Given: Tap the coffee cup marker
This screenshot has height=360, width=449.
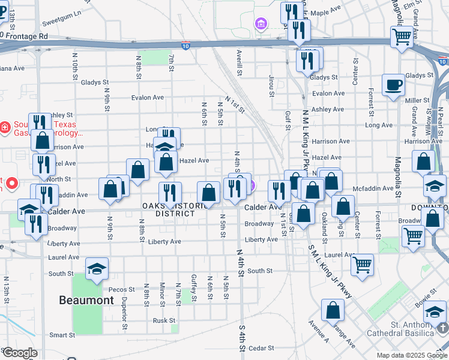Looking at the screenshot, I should [x=393, y=85].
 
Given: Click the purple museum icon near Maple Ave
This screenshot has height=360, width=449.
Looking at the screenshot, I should [x=261, y=25].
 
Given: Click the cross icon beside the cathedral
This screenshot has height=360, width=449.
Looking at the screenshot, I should [x=443, y=328].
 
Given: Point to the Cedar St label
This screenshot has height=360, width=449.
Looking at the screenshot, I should [x=261, y=347].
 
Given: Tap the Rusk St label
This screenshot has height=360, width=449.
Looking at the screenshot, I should [x=163, y=320].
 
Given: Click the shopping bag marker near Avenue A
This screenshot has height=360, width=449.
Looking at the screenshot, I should [x=333, y=311].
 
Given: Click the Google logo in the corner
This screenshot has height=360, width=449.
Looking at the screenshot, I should [x=19, y=353].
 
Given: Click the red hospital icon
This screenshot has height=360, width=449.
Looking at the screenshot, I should [x=5, y=127].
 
